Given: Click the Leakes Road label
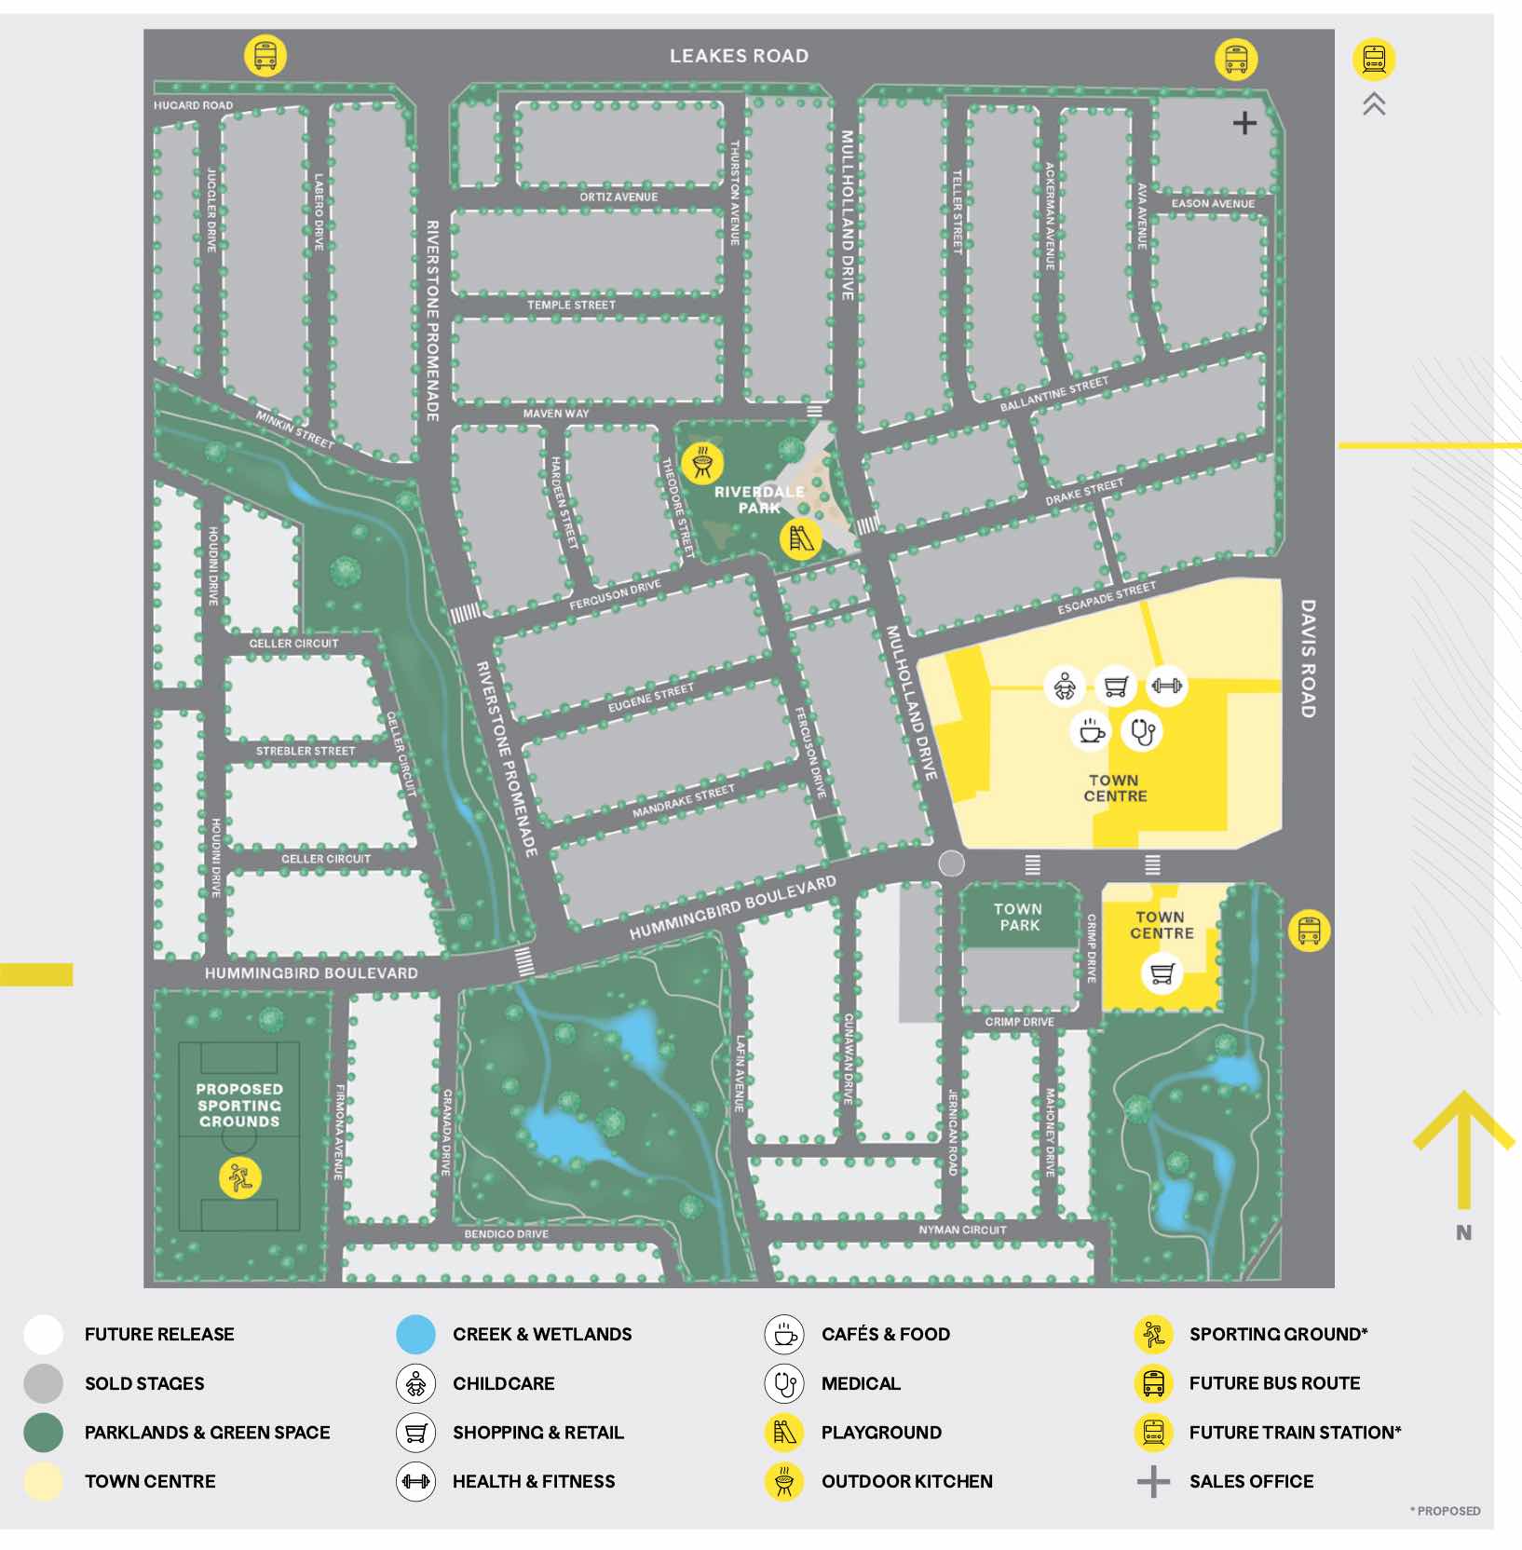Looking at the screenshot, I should coord(739,56).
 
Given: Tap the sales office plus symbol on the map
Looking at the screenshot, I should coord(1244,123).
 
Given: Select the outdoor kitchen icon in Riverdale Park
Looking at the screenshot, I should coord(702,462).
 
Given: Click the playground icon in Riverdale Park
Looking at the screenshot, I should coord(800,538).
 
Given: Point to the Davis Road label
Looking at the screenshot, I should coord(1308,659).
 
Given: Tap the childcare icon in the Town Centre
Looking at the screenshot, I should coord(1065,687).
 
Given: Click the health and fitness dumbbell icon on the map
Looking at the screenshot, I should coord(1166,687).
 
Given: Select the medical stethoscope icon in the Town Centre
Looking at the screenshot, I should coord(1143,731).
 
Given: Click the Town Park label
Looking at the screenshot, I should coord(1018,917).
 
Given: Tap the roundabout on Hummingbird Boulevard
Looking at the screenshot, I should coord(951,863).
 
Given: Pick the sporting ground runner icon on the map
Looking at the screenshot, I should coord(240,1178).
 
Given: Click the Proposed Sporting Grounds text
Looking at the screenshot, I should coord(239,1105).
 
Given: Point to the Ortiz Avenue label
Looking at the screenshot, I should coord(618,197).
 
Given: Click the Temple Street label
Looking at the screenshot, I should coord(571,305).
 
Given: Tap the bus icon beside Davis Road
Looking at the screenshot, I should coord(1309,930).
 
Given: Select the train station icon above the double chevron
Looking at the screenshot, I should coord(1374,60).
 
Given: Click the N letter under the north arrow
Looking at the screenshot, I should coord(1463,1232).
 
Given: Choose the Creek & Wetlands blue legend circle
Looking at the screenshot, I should coord(415,1334).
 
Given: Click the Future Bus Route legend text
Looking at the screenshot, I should coord(1274,1383).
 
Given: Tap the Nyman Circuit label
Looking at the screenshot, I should coord(962,1230).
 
